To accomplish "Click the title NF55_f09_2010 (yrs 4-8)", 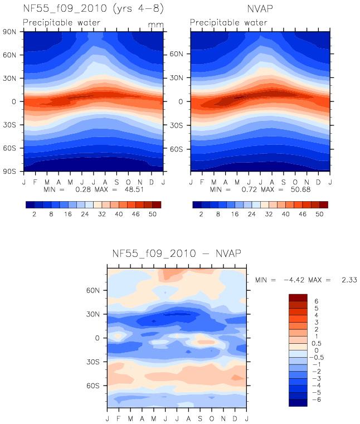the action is (93, 8).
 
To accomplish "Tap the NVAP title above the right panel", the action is (260, 9).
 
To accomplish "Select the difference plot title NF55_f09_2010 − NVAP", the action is (177, 254).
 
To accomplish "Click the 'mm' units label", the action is (156, 25).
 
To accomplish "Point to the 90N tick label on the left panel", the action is (9, 32).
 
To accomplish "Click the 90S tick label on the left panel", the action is (9, 172).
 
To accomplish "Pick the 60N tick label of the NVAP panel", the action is (176, 54).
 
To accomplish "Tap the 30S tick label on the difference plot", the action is (93, 362).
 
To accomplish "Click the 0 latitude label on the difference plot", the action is (97, 338).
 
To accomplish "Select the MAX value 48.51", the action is (134, 189).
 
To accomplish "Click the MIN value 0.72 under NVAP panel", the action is (249, 189).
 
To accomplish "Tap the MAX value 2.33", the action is (349, 280).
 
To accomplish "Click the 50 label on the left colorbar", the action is (153, 214).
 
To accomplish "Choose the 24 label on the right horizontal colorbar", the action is (252, 214).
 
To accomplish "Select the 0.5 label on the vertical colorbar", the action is (317, 343).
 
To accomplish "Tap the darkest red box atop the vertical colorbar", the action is (298, 298).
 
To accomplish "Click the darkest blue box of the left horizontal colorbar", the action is (30, 204).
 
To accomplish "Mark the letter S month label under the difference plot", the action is (200, 418).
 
